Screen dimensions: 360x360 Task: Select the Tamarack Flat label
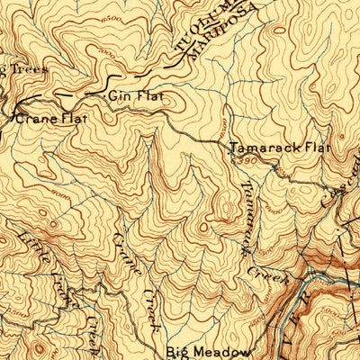pos(280,147)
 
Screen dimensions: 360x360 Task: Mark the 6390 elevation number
pos(245,159)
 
